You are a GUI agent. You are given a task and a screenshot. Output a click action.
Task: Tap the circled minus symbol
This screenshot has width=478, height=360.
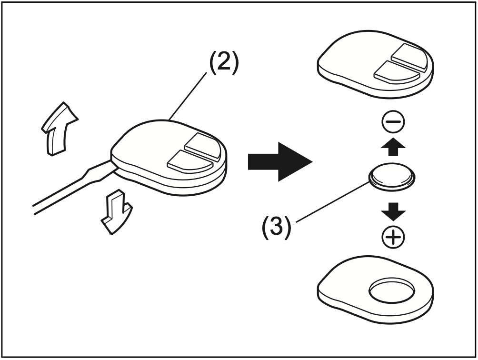(393, 123)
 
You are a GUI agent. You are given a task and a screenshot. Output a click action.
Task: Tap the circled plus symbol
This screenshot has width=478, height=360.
(393, 237)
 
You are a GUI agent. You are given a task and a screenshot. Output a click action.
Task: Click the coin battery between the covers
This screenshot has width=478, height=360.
(391, 178)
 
